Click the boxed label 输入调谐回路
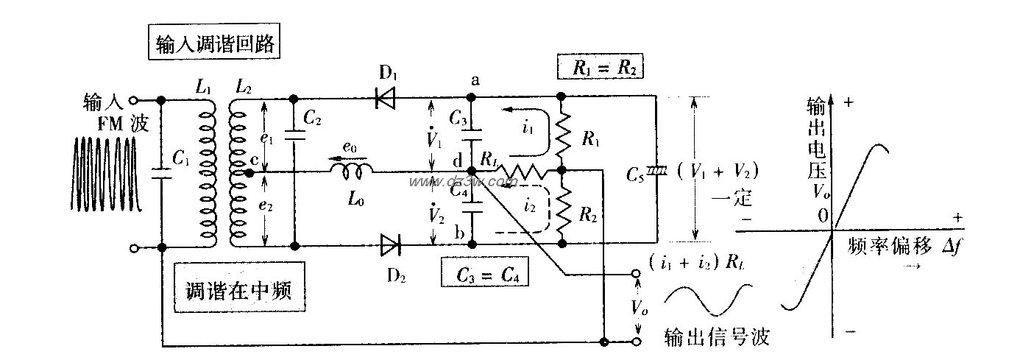point(215,44)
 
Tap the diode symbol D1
point(385,98)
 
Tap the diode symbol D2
point(390,244)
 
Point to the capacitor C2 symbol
point(294,135)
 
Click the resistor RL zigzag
point(520,172)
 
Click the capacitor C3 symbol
point(472,134)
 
